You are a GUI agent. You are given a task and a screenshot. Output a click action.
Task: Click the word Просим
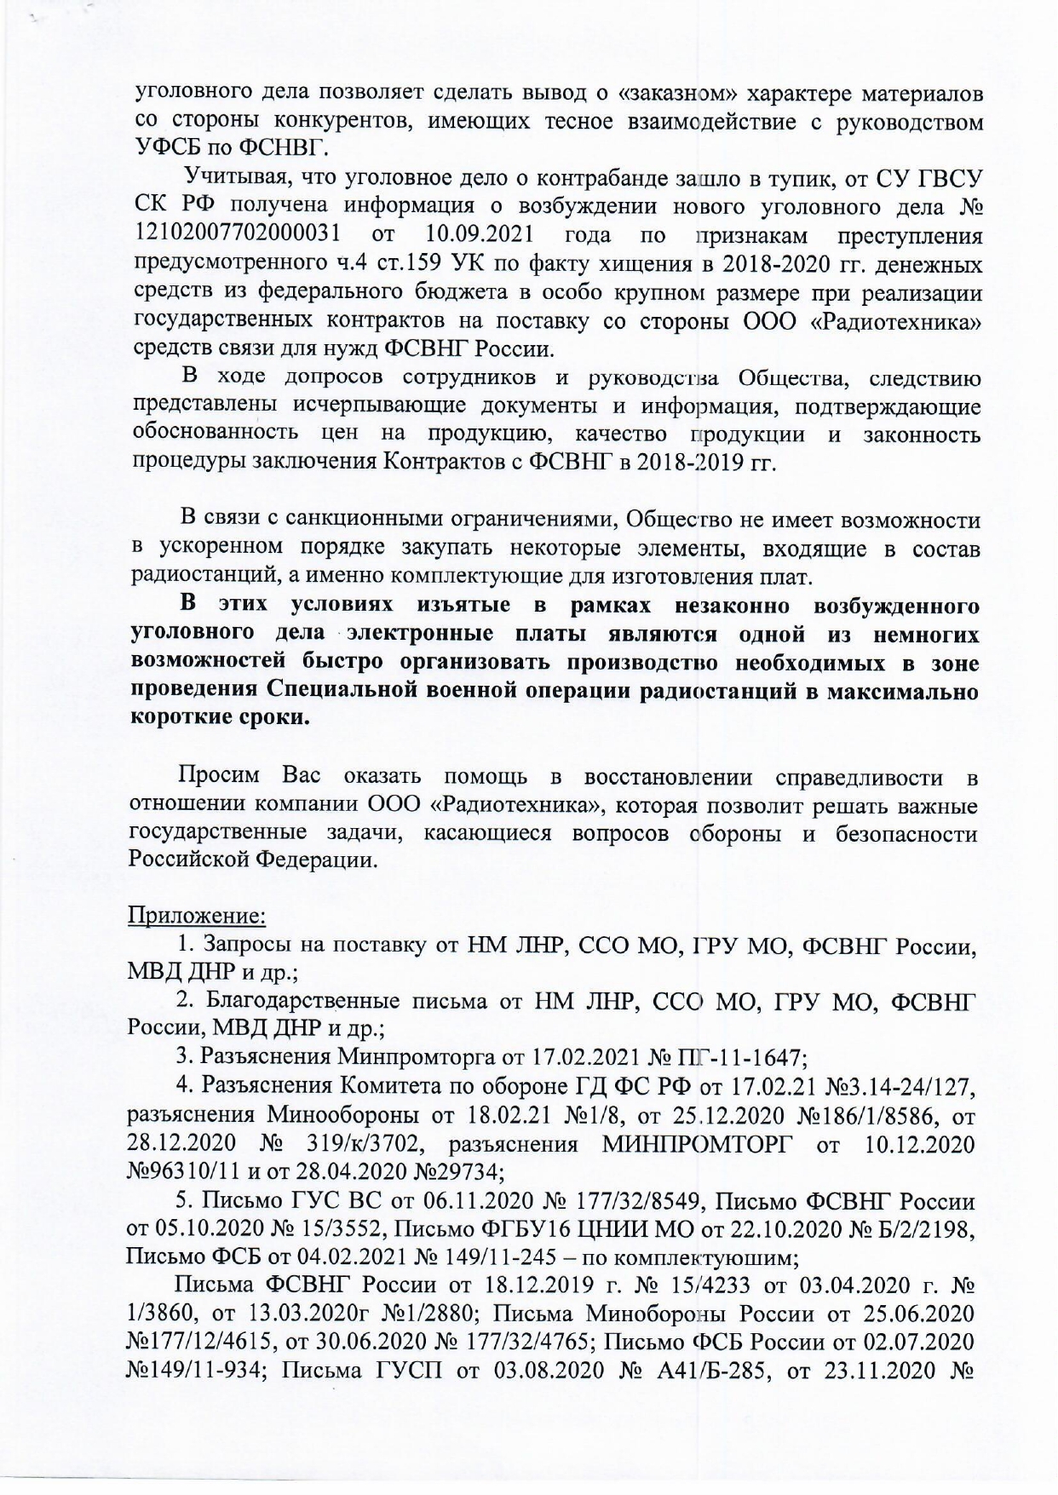click(x=215, y=777)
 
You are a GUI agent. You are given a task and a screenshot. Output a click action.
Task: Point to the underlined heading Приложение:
click(x=197, y=916)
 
